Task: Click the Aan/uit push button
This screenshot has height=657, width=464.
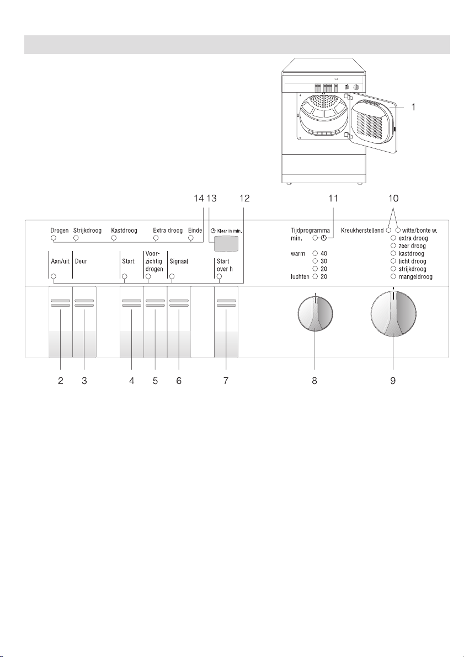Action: click(x=60, y=322)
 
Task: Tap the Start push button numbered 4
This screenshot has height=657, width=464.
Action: click(x=132, y=322)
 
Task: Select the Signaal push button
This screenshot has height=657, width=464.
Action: click(x=179, y=322)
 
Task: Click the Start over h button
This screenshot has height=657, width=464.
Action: click(x=226, y=322)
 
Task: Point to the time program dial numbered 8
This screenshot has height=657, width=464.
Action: click(x=315, y=313)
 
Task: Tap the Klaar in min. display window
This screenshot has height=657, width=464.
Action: click(x=226, y=243)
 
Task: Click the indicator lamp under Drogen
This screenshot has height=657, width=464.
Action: click(x=53, y=238)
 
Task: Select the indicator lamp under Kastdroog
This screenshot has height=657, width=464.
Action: click(x=114, y=238)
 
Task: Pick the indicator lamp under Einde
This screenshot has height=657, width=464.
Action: click(x=191, y=238)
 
